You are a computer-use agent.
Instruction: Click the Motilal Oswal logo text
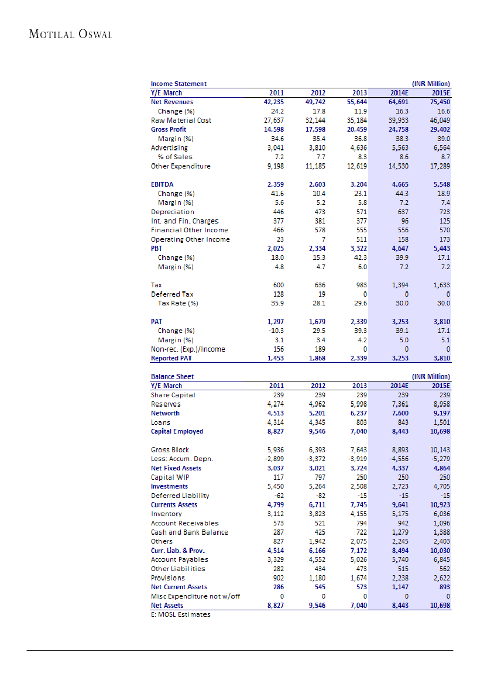[70, 34]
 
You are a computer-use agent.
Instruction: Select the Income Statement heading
[179, 84]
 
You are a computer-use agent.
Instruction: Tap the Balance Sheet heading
[172, 376]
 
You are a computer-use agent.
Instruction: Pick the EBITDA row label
[162, 184]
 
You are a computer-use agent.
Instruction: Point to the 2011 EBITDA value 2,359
[274, 184]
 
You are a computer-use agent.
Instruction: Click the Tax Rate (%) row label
[178, 303]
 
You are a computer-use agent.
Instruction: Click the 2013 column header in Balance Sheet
[359, 386]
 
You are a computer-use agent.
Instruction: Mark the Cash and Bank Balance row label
[190, 532]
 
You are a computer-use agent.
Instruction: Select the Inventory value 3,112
[275, 514]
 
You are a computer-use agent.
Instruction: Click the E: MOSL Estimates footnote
[180, 614]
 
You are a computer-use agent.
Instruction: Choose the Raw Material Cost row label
[181, 120]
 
